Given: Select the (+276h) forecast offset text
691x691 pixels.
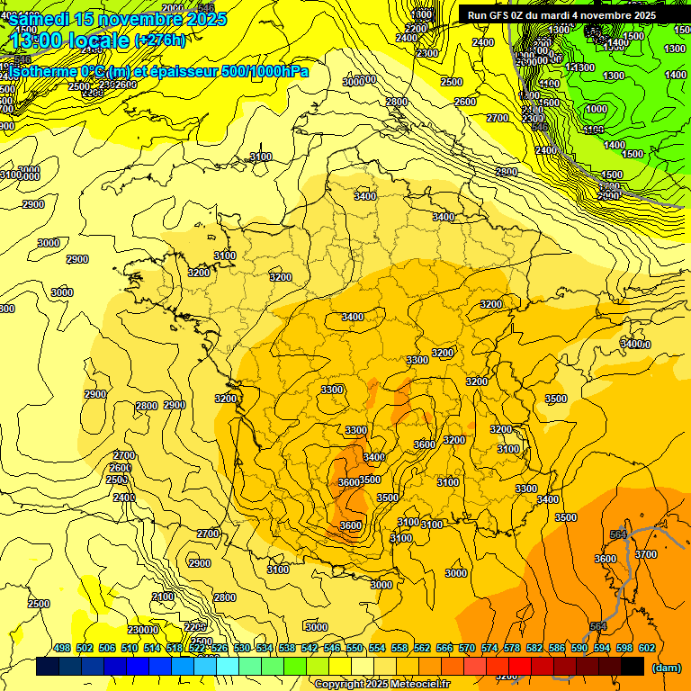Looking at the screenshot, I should (160, 40).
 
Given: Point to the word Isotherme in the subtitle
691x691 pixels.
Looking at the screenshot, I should (40, 72).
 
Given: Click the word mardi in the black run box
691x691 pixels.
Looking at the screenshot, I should (563, 15).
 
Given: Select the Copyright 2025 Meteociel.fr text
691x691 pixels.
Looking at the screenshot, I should (381, 685).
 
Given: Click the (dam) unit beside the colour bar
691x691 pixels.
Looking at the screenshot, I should (666, 668).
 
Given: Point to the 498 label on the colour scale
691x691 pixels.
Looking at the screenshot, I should (62, 649).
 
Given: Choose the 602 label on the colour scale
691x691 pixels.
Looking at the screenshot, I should (646, 649).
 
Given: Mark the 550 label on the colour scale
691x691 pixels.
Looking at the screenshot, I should (354, 649).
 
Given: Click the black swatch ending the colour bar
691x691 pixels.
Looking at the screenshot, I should (633, 667).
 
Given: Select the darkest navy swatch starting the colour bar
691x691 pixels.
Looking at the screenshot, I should (48, 667).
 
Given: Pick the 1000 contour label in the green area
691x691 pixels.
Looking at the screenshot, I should (596, 109).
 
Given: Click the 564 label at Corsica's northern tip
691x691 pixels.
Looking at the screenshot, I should (618, 535).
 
